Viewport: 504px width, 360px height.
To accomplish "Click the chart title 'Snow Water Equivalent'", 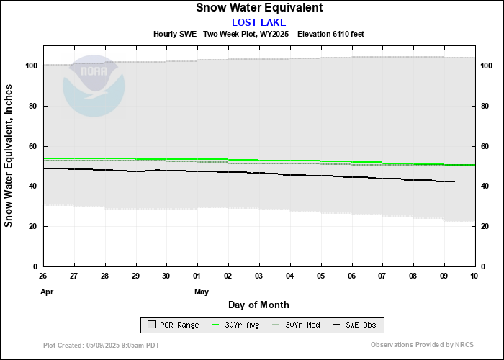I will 258,8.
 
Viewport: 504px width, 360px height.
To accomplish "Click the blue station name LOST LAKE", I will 258,22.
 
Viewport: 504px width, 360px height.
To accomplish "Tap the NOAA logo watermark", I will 94,86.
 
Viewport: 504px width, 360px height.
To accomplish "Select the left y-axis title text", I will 9,155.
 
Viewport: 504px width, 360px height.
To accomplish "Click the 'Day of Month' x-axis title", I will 258,305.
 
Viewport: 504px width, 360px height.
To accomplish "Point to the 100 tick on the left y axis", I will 31,66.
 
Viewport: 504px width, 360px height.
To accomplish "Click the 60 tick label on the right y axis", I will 485,146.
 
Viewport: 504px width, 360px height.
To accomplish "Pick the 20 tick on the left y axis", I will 33,226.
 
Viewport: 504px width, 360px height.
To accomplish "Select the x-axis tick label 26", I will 43,276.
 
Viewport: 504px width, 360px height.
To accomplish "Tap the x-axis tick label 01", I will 197,276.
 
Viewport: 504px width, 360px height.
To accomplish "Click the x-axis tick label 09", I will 444,276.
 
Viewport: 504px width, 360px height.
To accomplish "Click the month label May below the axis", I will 201,292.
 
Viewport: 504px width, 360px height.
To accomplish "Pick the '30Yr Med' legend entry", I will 296,325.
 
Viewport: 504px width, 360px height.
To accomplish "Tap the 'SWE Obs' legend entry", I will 356,325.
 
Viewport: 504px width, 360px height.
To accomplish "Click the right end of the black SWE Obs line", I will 454,181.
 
